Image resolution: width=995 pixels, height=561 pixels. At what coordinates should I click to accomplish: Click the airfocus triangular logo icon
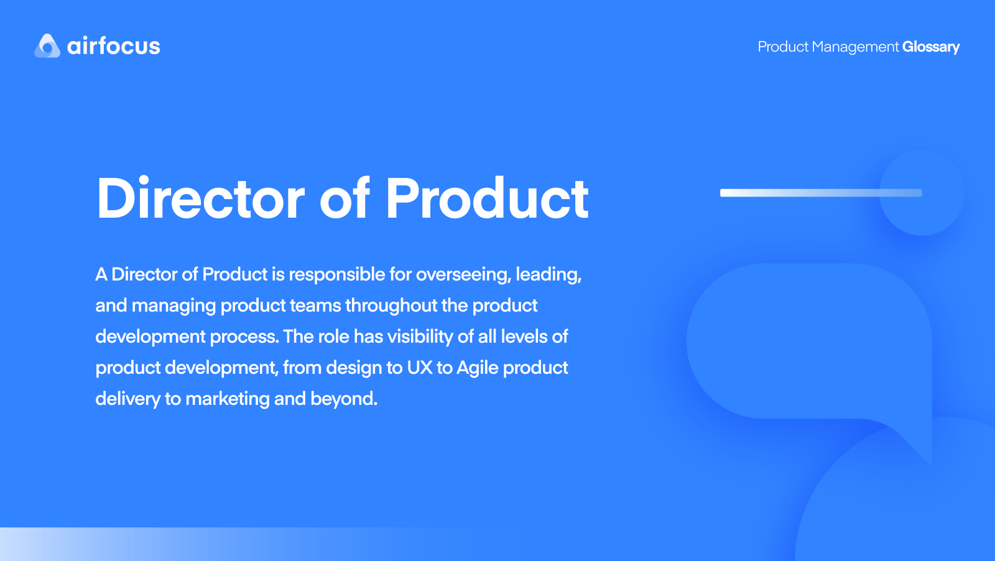(47, 46)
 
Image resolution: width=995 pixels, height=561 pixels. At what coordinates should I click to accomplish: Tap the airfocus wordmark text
(114, 46)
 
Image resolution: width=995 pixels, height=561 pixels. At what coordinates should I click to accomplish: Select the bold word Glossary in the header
(931, 47)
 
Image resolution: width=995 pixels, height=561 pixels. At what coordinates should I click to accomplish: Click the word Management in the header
(855, 47)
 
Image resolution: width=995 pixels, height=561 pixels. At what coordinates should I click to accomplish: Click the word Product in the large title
(487, 199)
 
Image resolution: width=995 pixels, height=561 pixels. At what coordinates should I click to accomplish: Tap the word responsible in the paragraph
(337, 274)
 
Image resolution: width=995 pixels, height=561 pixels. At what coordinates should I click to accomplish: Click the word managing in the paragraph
(174, 305)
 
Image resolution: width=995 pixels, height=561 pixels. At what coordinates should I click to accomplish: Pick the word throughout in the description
(391, 305)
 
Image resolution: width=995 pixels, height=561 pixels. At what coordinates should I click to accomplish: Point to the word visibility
(420, 336)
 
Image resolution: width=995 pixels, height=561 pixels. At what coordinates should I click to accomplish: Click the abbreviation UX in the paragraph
(420, 368)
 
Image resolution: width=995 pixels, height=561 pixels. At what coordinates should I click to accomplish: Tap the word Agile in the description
(478, 368)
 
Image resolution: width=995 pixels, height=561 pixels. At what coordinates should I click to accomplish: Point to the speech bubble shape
(808, 342)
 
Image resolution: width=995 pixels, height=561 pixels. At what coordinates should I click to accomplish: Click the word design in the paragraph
(354, 368)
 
